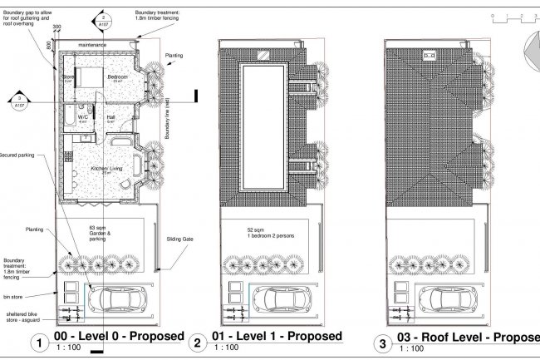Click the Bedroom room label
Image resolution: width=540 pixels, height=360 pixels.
click(118, 76)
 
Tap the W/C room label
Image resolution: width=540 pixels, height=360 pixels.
click(83, 118)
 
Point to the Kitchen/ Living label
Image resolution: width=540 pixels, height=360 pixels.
click(107, 169)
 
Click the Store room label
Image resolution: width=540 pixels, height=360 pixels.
click(68, 76)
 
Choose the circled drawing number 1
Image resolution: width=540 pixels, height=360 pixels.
click(37, 342)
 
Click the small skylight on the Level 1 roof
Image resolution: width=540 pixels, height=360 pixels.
click(263, 56)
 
